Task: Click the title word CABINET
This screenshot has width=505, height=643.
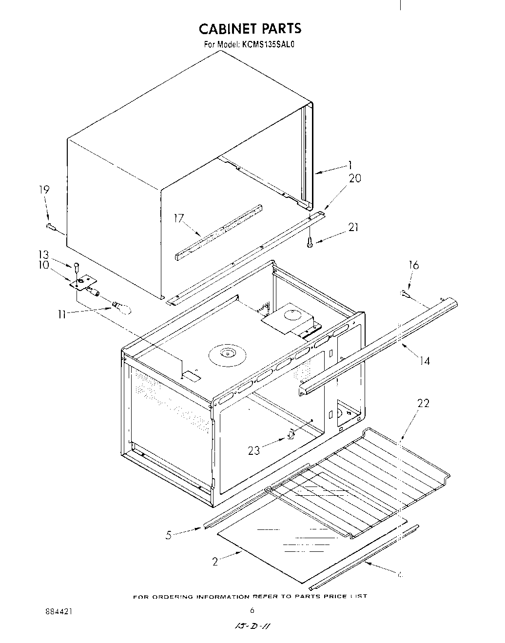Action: [x=229, y=29]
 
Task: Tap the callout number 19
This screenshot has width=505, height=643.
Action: [x=44, y=190]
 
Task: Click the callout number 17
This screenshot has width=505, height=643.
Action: [x=179, y=218]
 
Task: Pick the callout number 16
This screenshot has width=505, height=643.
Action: [x=414, y=265]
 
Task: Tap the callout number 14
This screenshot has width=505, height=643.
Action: [x=425, y=361]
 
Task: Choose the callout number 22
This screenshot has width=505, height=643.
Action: [x=424, y=404]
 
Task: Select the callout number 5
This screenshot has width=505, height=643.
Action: [x=169, y=535]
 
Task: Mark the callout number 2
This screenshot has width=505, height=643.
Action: [x=215, y=562]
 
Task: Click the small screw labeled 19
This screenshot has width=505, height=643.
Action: [x=50, y=226]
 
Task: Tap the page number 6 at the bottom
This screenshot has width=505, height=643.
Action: [x=252, y=610]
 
